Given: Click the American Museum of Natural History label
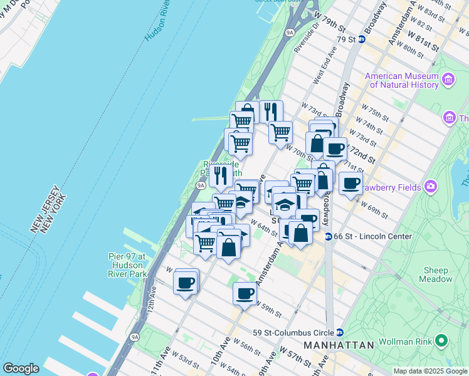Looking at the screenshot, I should click(x=401, y=80).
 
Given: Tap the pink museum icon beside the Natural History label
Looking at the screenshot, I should click(x=448, y=79).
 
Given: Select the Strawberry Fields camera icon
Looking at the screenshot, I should click(x=431, y=185).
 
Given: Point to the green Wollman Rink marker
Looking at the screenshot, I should click(x=442, y=342).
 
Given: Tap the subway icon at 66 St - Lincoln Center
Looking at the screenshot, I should click(x=329, y=236).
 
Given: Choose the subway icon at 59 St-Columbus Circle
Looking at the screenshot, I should click(x=339, y=333).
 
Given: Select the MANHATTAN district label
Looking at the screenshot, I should click(x=339, y=345).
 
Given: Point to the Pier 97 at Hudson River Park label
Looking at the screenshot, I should click(x=125, y=265).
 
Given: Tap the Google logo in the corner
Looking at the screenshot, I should click(x=21, y=368).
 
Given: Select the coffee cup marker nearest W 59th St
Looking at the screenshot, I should click(x=245, y=293).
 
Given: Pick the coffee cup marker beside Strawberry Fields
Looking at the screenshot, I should click(x=350, y=183).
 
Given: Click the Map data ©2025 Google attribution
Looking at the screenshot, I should click(x=430, y=371).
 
